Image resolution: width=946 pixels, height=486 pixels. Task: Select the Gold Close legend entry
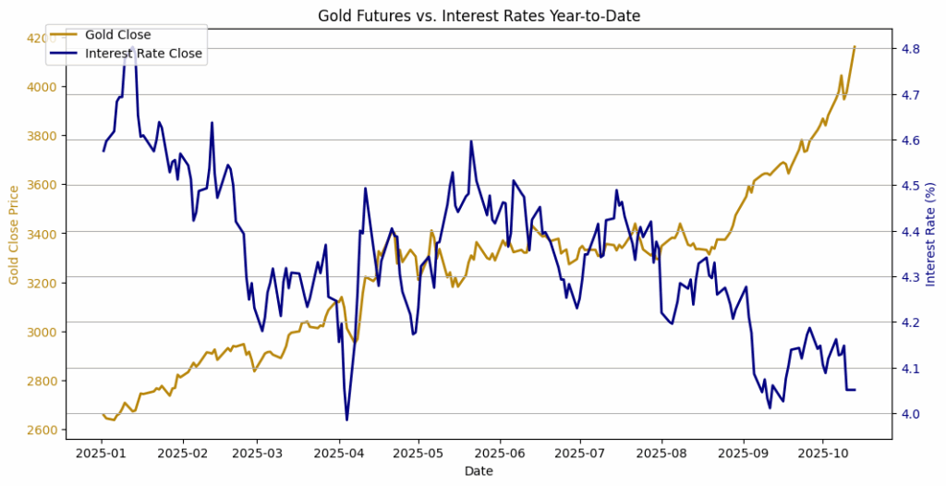(117, 35)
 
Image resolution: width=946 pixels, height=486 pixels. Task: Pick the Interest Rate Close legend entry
(143, 54)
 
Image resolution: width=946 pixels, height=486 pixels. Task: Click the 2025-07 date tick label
(580, 454)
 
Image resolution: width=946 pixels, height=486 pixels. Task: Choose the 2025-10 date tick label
(822, 454)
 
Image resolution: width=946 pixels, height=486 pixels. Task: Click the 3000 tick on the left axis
(42, 332)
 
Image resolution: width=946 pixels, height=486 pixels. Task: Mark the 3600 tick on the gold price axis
(42, 185)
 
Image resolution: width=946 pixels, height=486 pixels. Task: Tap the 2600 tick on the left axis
(42, 430)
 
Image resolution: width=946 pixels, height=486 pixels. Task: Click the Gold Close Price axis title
(15, 235)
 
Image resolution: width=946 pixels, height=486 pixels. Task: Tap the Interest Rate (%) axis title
(931, 235)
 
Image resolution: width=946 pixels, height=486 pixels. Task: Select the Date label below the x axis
(479, 471)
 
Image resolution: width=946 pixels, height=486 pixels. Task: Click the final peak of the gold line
(855, 46)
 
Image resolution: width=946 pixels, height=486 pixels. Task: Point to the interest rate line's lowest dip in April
(346, 419)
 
